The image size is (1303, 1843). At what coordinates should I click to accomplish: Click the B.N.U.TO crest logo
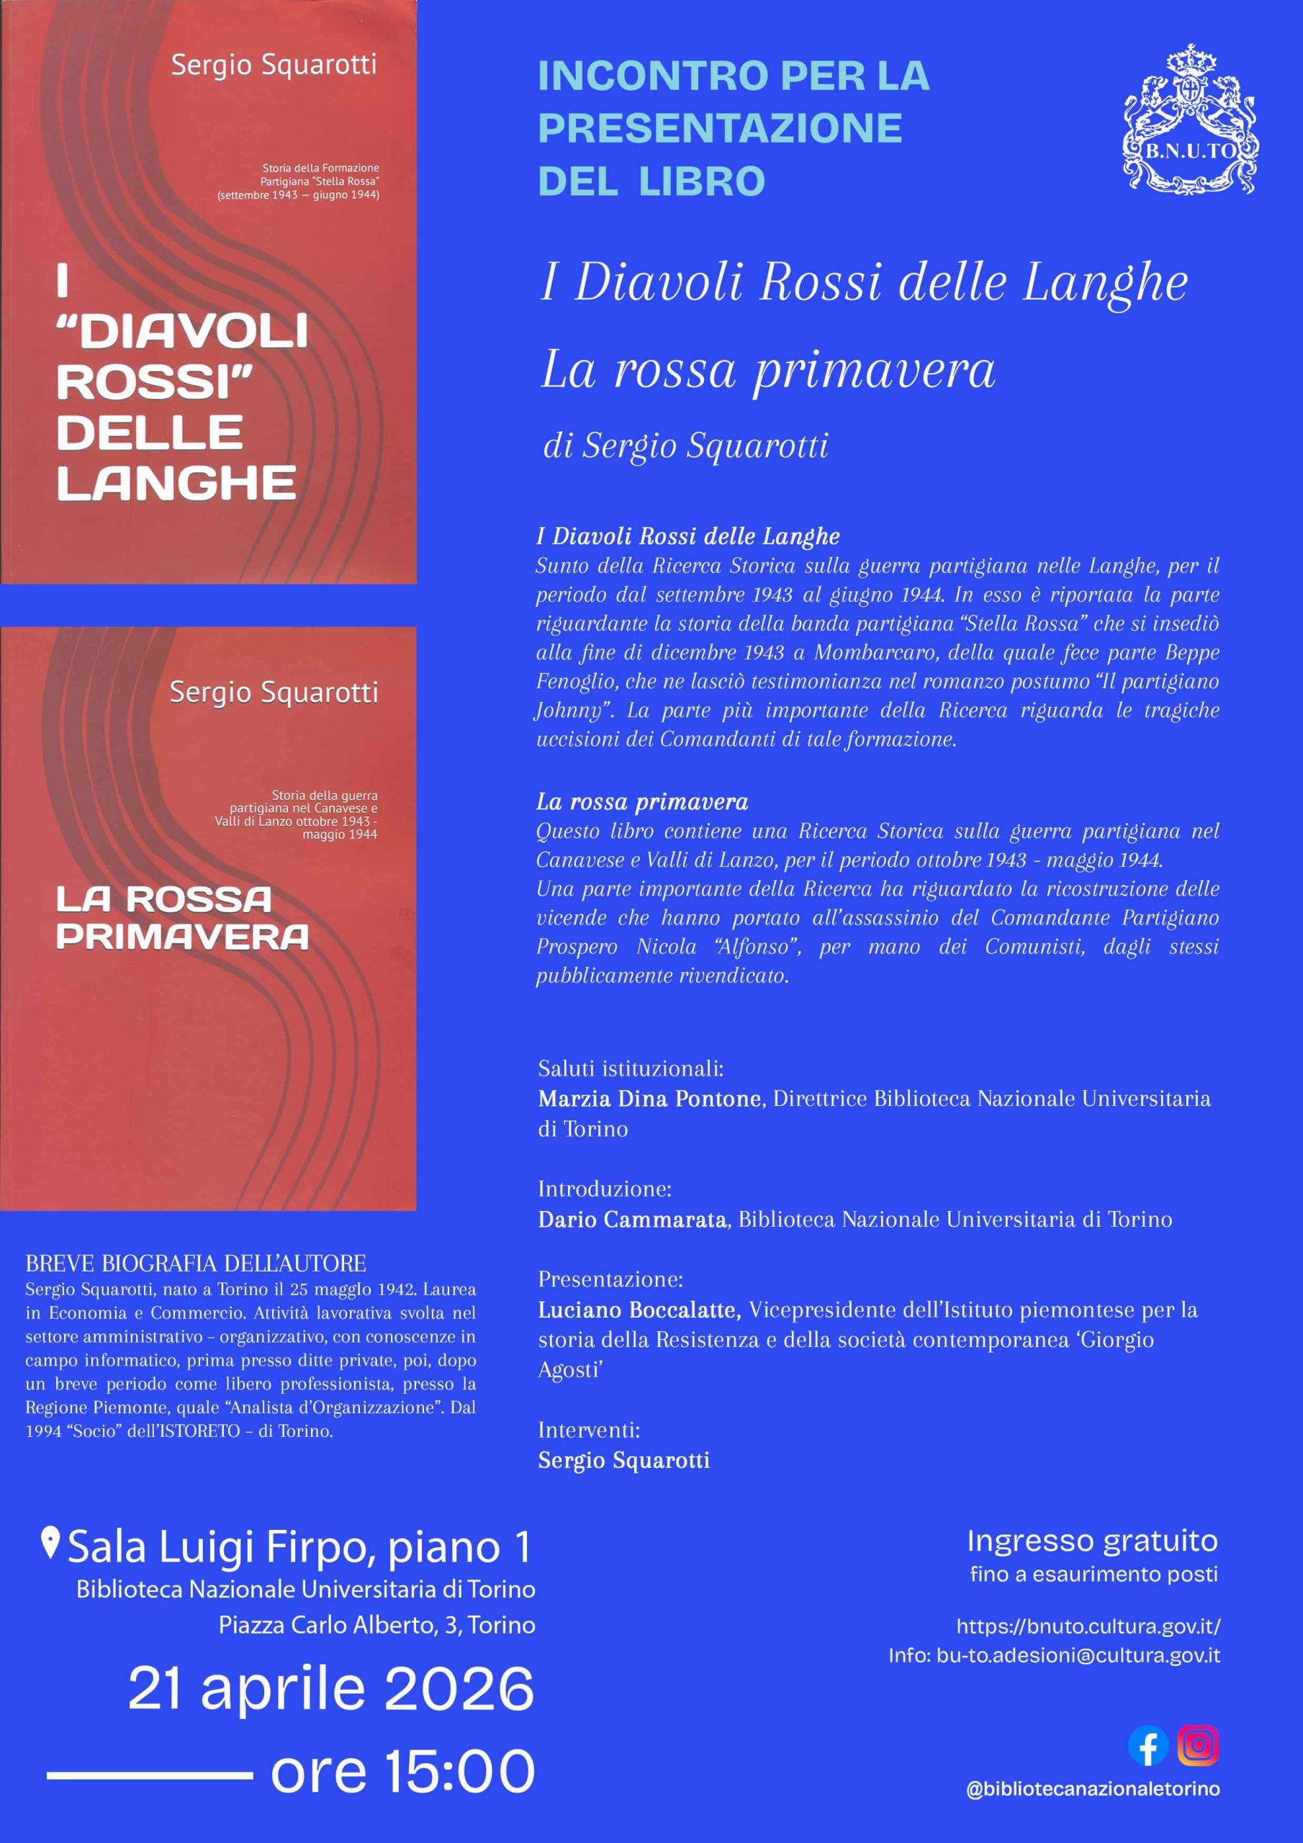[x=1191, y=120]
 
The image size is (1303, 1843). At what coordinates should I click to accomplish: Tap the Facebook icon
[x=1148, y=1746]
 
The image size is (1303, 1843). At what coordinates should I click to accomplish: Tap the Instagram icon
[x=1198, y=1746]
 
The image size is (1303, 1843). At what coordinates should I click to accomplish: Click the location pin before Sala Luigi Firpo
[x=50, y=1543]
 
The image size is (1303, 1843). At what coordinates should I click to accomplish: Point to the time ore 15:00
[x=402, y=1771]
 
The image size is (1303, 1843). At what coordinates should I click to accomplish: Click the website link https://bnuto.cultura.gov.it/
[x=1088, y=1627]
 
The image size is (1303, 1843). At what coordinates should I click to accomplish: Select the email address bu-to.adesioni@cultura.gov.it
[x=1078, y=1655]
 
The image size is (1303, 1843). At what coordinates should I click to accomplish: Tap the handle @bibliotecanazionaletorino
[x=1093, y=1789]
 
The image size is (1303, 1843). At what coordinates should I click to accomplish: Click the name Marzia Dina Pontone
[x=649, y=1098]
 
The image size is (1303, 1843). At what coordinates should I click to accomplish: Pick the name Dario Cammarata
[x=633, y=1220]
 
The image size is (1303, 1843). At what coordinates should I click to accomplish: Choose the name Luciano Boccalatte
[x=639, y=1310]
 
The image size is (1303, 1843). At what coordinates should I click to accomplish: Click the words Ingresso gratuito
[x=1092, y=1541]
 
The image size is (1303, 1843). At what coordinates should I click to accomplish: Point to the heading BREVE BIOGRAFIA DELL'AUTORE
[x=196, y=1263]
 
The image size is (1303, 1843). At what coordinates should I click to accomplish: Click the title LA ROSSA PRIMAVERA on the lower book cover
[x=182, y=917]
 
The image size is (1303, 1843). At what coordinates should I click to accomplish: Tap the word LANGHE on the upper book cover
[x=176, y=483]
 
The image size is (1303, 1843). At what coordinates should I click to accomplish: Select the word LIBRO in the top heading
[x=702, y=181]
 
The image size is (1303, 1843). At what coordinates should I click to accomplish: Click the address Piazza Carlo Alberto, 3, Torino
[x=377, y=1626]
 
